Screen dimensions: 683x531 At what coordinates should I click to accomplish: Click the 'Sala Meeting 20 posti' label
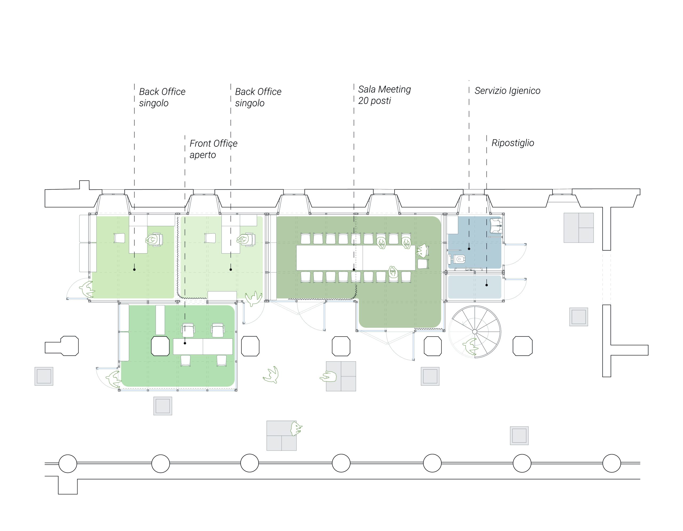tap(384, 95)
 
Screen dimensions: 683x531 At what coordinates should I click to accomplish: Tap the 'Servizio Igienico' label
tap(507, 91)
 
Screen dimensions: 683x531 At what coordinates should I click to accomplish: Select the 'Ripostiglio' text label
tap(513, 143)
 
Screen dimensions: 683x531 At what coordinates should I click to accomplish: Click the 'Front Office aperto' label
tap(213, 149)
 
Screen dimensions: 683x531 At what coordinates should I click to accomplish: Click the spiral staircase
tap(475, 331)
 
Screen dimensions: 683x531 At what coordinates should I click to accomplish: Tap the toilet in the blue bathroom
tap(457, 259)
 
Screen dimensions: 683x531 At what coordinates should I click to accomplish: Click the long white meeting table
tap(356, 258)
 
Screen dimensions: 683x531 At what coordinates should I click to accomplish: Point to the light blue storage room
tap(474, 287)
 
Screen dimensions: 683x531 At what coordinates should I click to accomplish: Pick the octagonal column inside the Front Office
tap(160, 346)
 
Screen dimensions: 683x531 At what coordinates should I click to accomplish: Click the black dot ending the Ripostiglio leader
tap(487, 285)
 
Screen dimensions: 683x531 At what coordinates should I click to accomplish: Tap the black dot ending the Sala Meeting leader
tap(354, 269)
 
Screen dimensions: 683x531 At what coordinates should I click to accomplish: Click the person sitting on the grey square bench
tap(328, 377)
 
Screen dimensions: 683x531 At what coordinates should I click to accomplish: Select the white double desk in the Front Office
tap(203, 346)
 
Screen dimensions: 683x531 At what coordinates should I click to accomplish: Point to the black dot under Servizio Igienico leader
tap(469, 249)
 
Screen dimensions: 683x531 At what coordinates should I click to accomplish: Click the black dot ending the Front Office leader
tap(185, 343)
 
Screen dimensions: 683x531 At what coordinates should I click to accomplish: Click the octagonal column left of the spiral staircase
tap(433, 346)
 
